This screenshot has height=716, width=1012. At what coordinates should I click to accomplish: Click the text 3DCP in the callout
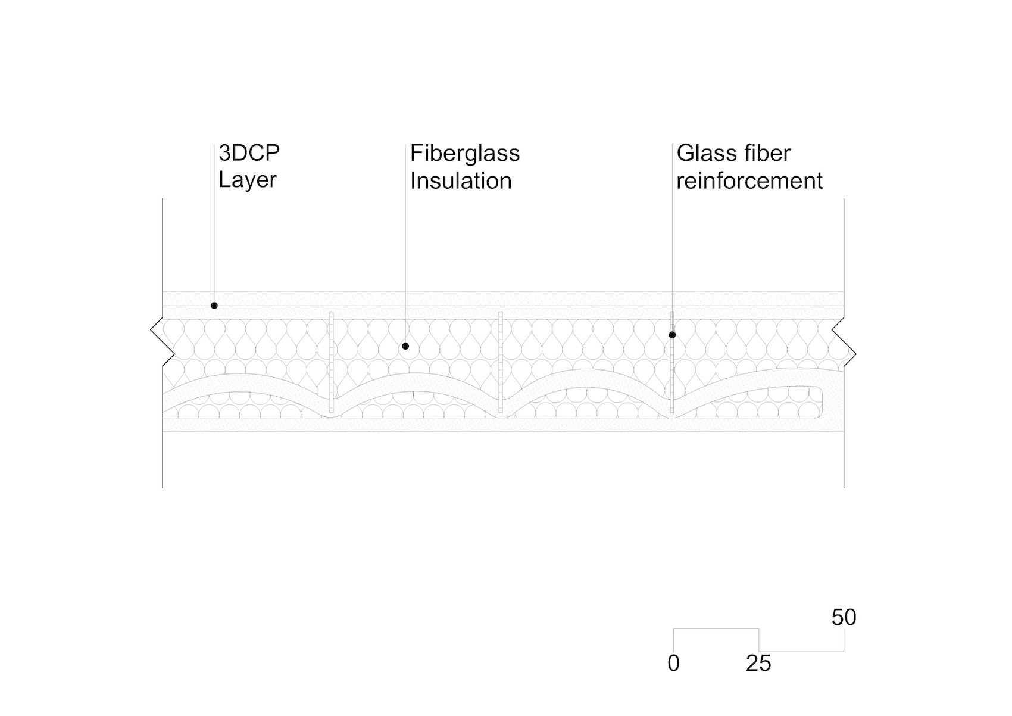(x=249, y=153)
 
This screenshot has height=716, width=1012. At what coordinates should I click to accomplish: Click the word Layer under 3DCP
(x=247, y=180)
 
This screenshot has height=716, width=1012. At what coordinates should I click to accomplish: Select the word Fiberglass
(x=465, y=154)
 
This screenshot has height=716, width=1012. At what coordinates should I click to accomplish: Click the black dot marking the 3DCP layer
(x=214, y=306)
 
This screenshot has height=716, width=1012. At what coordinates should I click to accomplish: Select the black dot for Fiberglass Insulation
(x=405, y=346)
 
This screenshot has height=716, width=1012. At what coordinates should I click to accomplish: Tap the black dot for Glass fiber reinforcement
(x=672, y=335)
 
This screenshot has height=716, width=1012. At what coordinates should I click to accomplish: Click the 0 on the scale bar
(x=673, y=664)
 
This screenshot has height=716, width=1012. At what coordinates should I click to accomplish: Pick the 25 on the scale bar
(x=758, y=664)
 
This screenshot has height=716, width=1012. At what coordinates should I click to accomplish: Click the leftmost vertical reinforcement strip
(x=332, y=362)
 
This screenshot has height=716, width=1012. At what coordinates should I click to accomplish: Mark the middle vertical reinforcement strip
(x=501, y=362)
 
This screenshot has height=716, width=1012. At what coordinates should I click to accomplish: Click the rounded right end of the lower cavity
(x=822, y=402)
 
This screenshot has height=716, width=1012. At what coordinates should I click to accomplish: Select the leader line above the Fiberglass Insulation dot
(x=405, y=242)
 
